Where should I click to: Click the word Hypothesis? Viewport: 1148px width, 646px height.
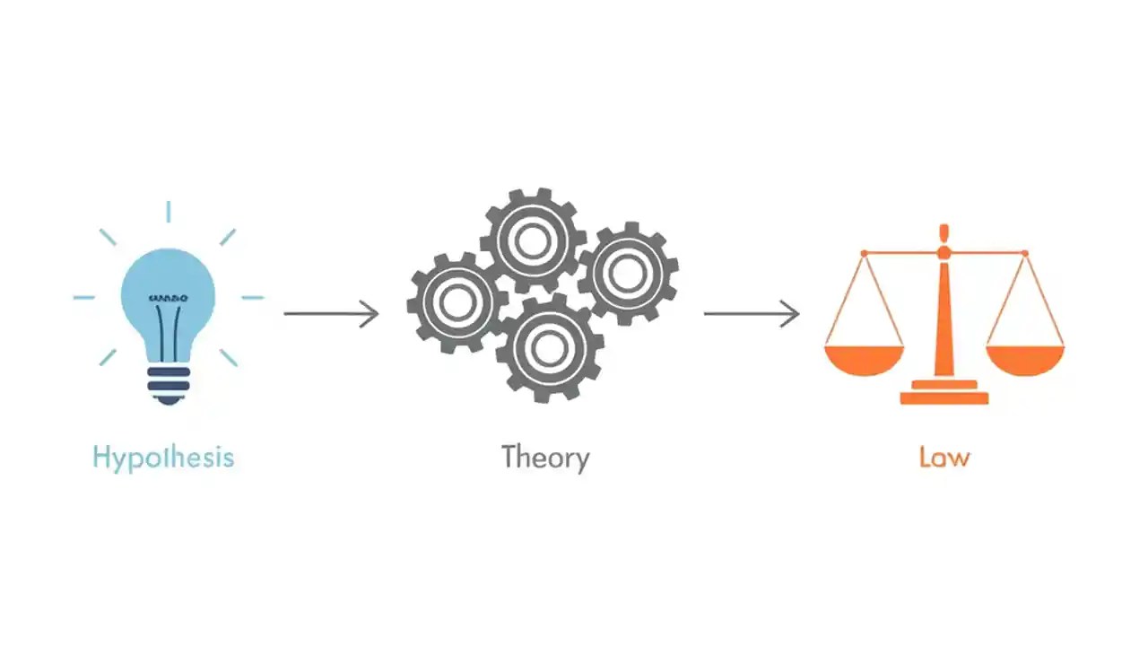[162, 458]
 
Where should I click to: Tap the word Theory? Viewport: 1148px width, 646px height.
[545, 458]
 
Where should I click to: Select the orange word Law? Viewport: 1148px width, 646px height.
[944, 458]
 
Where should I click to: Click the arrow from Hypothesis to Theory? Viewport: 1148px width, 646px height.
[331, 314]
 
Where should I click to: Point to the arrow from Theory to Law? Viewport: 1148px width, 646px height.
[751, 314]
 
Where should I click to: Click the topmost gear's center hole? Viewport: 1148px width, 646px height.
[533, 240]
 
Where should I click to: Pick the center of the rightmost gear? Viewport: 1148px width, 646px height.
[627, 274]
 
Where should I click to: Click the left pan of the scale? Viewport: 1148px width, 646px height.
[864, 358]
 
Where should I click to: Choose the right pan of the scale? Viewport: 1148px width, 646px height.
[1024, 358]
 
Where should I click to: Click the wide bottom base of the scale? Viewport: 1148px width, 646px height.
[944, 397]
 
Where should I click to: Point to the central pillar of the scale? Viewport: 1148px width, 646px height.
[944, 323]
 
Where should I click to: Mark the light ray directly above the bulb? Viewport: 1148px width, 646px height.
[168, 212]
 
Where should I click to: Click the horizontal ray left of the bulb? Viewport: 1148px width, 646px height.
[84, 297]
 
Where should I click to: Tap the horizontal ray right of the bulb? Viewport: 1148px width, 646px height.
[253, 297]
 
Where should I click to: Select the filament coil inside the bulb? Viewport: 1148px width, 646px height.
[168, 297]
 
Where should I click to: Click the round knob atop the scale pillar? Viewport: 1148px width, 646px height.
[944, 253]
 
